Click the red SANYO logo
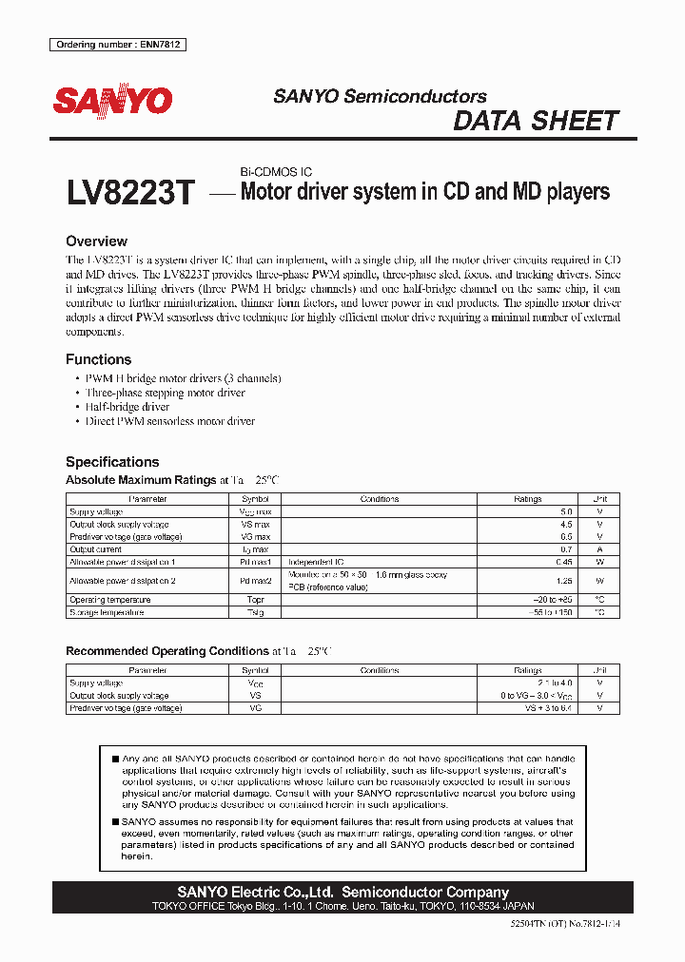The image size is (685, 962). pyautogui.click(x=112, y=102)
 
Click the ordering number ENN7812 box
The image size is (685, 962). pyautogui.click(x=118, y=45)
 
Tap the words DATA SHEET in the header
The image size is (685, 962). pyautogui.click(x=536, y=121)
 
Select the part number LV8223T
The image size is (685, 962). pyautogui.click(x=130, y=194)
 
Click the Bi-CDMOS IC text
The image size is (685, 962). pyautogui.click(x=275, y=172)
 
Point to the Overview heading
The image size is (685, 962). pyautogui.click(x=96, y=241)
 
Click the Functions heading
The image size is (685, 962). pyautogui.click(x=98, y=359)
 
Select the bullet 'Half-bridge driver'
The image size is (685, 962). pyautogui.click(x=127, y=407)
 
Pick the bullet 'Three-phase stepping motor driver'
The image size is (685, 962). pyautogui.click(x=165, y=393)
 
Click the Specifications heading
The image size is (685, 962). pyautogui.click(x=111, y=461)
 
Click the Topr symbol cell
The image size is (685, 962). pyautogui.click(x=255, y=600)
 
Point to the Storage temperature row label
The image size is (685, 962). pyautogui.click(x=107, y=612)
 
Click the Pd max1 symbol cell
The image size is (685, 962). pyautogui.click(x=255, y=562)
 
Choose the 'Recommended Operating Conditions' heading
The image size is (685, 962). pyautogui.click(x=166, y=651)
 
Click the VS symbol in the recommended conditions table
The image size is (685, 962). pyautogui.click(x=255, y=696)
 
